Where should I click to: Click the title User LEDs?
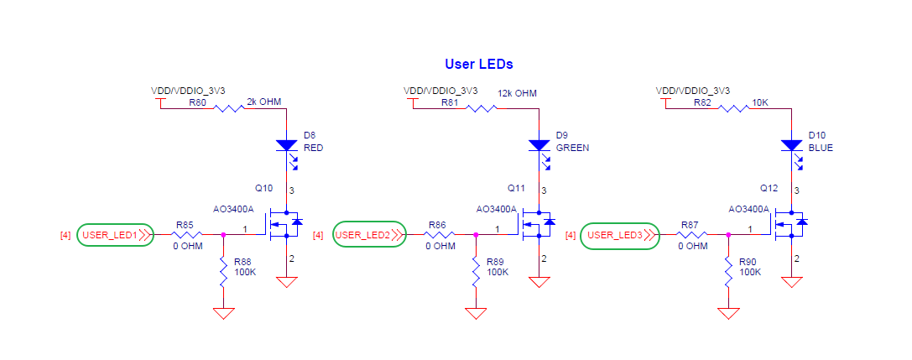(x=478, y=64)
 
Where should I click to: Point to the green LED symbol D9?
(x=539, y=145)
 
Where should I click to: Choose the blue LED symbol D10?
(x=790, y=145)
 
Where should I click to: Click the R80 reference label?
(x=197, y=102)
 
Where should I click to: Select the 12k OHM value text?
(x=517, y=93)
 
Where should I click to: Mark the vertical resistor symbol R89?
(x=476, y=272)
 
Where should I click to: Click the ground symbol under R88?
(x=223, y=314)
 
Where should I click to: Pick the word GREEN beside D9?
(x=572, y=147)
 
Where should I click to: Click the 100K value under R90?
(x=750, y=273)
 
